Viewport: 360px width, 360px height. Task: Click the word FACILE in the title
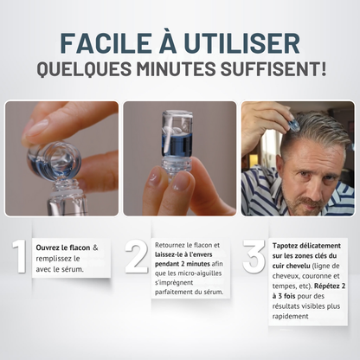tap(106, 43)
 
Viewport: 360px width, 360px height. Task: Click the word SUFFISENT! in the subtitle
tap(273, 68)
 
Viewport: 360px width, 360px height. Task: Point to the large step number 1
tap(21, 256)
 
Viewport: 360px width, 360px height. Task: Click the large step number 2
tap(137, 256)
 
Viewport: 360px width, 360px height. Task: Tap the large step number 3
tap(254, 256)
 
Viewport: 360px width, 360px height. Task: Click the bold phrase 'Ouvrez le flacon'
tap(63, 247)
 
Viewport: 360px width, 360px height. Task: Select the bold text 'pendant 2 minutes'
tap(183, 264)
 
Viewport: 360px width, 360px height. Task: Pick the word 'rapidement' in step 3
tap(291, 316)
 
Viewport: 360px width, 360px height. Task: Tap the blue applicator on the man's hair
tap(295, 124)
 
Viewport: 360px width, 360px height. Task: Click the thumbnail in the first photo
tap(37, 127)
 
